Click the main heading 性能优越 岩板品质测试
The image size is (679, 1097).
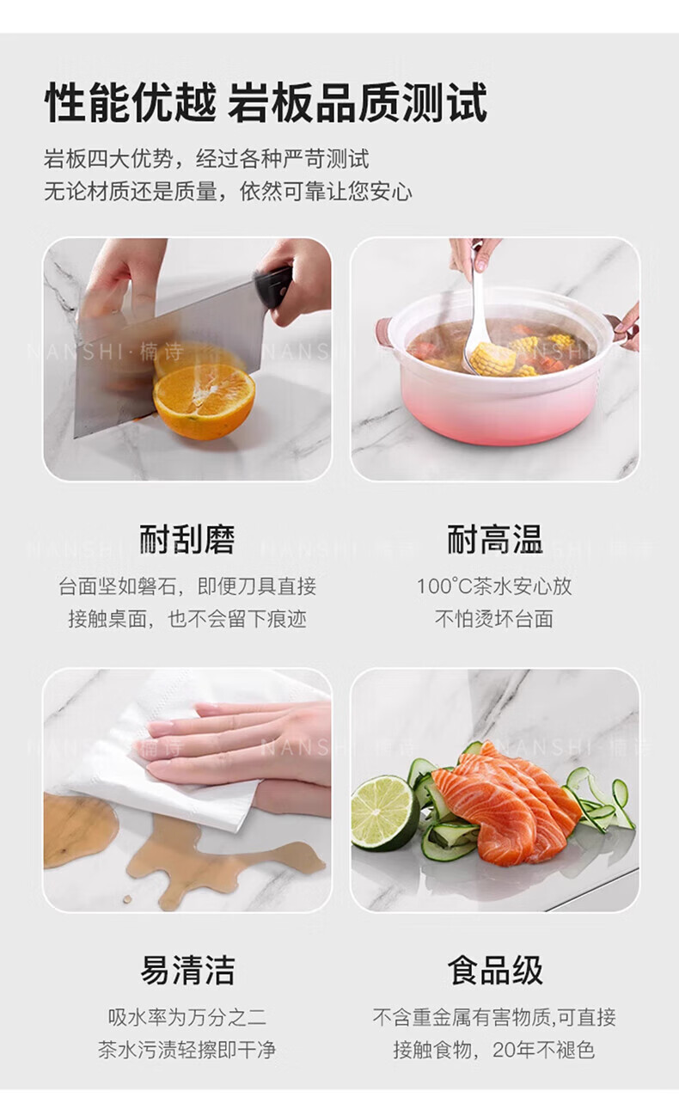(x=266, y=101)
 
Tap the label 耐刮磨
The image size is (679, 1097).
(x=187, y=539)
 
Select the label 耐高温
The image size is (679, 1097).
(x=494, y=539)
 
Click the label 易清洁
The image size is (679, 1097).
(x=187, y=970)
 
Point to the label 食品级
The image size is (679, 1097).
(x=494, y=970)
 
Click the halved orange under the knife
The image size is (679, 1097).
(x=205, y=401)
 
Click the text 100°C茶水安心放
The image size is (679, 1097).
(x=494, y=586)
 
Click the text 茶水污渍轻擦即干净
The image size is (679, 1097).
(x=187, y=1050)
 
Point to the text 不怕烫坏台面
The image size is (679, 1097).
(x=494, y=618)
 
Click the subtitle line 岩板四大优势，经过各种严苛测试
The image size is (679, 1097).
(x=206, y=159)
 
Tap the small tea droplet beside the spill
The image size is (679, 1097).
(x=128, y=899)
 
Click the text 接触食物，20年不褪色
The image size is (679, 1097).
(x=494, y=1050)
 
